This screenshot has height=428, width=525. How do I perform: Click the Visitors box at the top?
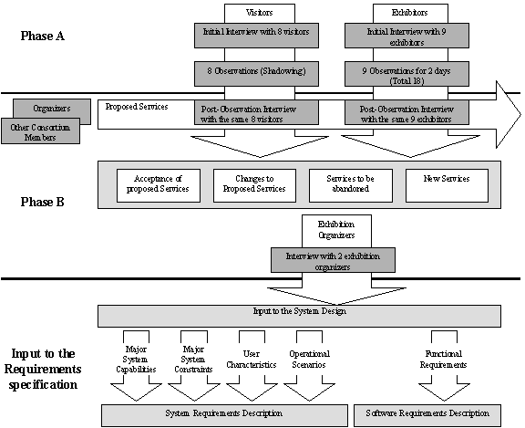pyautogui.click(x=260, y=13)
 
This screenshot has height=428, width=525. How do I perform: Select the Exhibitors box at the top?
pyautogui.click(x=410, y=13)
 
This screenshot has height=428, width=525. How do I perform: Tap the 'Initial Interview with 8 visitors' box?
pyautogui.click(x=256, y=36)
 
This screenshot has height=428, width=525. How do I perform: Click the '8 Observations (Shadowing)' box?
pyautogui.click(x=256, y=74)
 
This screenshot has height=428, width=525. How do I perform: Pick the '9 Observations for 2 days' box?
pyautogui.click(x=407, y=74)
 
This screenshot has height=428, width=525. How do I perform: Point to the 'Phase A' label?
pyautogui.click(x=43, y=36)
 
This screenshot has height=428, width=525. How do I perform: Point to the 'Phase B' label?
pyautogui.click(x=43, y=202)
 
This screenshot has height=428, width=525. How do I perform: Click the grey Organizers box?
pyautogui.click(x=52, y=109)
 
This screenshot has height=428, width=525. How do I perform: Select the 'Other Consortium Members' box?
pyautogui.click(x=40, y=131)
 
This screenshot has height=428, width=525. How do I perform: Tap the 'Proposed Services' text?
pyautogui.click(x=137, y=107)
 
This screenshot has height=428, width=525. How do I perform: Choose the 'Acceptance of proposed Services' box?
pyautogui.click(x=159, y=185)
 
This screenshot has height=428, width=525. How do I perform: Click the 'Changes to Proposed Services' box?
pyautogui.click(x=255, y=185)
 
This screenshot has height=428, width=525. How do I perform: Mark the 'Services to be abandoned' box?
pyautogui.click(x=351, y=185)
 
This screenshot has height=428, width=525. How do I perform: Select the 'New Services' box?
pyautogui.click(x=447, y=185)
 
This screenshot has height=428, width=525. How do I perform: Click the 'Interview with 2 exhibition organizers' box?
pyautogui.click(x=333, y=260)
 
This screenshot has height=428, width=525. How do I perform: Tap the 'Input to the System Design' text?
pyautogui.click(x=300, y=311)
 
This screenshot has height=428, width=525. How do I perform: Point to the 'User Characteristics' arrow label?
pyautogui.click(x=252, y=360)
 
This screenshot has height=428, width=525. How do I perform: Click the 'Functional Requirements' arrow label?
pyautogui.click(x=444, y=360)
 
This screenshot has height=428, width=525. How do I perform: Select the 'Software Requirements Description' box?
pyautogui.click(x=427, y=415)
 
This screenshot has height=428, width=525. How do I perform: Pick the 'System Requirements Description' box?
pyautogui.click(x=224, y=415)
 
